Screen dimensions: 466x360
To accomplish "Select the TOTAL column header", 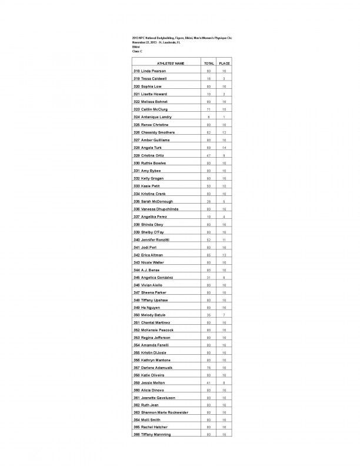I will (x=208, y=62).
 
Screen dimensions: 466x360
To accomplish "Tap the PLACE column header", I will (x=224, y=62).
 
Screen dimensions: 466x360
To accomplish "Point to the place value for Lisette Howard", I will (x=224, y=94).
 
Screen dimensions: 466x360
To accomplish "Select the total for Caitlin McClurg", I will (x=208, y=109).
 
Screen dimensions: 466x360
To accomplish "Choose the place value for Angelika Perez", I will (x=224, y=216).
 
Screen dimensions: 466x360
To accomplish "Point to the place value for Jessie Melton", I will (x=224, y=382).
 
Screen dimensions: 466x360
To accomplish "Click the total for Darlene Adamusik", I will (x=208, y=367).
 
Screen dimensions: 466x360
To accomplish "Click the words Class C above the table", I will (x=137, y=52).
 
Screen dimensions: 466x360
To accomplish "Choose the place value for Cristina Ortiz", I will (x=224, y=155).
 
